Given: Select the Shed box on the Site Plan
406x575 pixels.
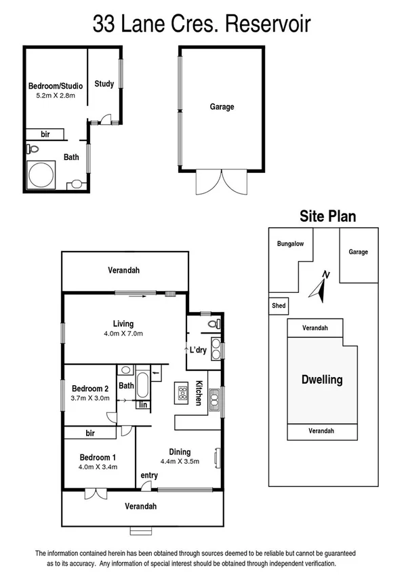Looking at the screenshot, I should pyautogui.click(x=278, y=306).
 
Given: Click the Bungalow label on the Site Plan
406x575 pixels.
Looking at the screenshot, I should pyautogui.click(x=290, y=244).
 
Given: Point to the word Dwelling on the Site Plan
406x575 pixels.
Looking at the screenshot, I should pyautogui.click(x=322, y=380).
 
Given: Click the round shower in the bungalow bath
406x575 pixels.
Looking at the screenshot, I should pyautogui.click(x=40, y=174).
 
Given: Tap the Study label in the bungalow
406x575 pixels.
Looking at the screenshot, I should pyautogui.click(x=104, y=84).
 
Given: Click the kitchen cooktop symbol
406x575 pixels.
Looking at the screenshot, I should pyautogui.click(x=182, y=391).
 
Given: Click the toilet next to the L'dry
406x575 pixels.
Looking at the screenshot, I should pyautogui.click(x=213, y=325).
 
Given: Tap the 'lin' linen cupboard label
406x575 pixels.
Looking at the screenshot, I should pyautogui.click(x=144, y=405).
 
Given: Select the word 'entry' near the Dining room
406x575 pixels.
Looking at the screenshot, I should pyautogui.click(x=149, y=475).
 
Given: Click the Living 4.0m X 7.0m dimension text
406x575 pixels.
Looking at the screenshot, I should pyautogui.click(x=123, y=333).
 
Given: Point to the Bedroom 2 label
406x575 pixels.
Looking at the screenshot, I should pyautogui.click(x=90, y=389).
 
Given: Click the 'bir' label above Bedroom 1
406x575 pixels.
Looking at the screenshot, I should pyautogui.click(x=89, y=432).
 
